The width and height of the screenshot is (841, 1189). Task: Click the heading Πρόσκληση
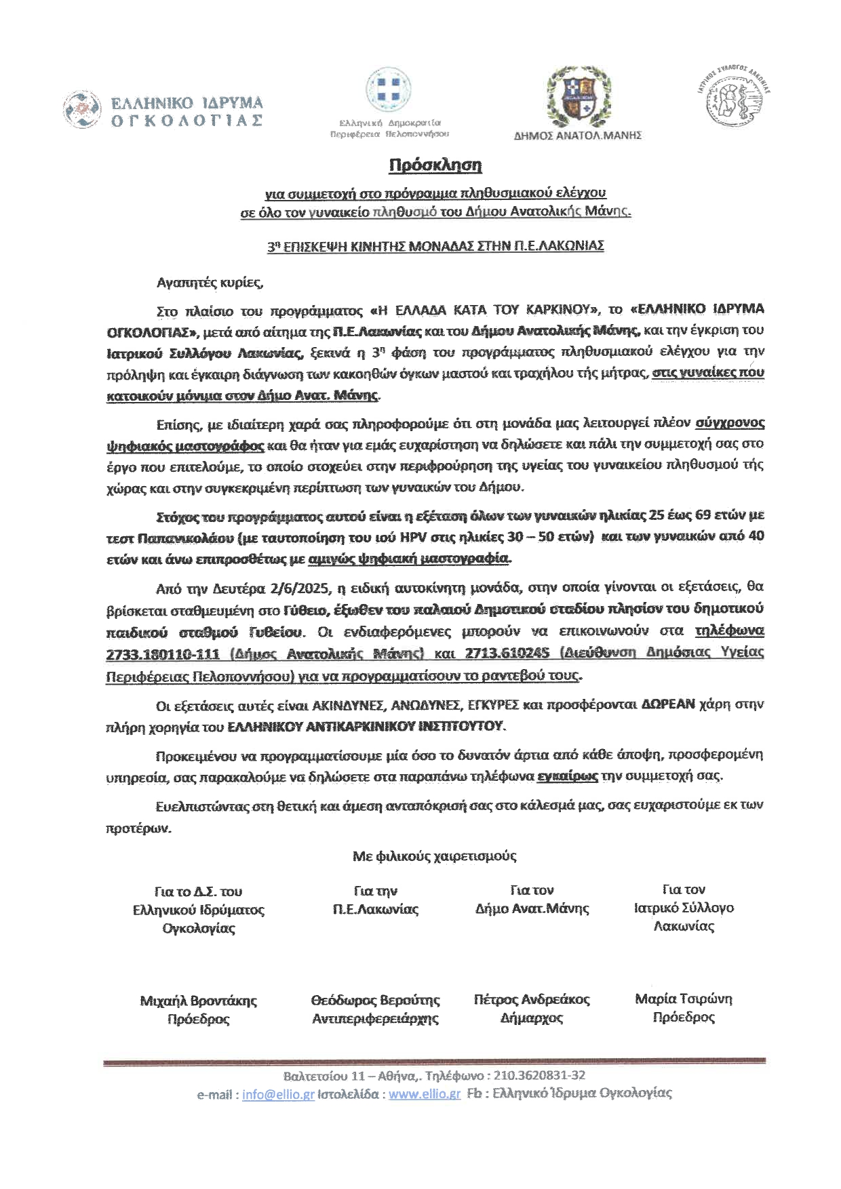click(x=435, y=165)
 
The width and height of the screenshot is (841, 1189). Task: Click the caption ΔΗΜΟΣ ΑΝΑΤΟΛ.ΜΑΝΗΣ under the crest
click(x=578, y=136)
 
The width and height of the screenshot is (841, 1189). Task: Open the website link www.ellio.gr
click(x=425, y=1094)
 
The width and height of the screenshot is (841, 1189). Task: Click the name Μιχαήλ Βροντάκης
click(x=199, y=1001)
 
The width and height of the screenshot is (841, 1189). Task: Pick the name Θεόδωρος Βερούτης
click(x=376, y=1000)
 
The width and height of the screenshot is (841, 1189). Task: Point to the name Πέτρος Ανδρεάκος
click(x=532, y=999)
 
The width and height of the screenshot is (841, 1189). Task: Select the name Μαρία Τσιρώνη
click(x=684, y=999)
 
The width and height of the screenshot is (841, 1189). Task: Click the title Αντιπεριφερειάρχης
click(x=376, y=1019)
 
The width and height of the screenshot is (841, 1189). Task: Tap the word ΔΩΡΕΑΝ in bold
click(x=669, y=704)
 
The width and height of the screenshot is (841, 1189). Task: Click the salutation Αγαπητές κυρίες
click(x=209, y=282)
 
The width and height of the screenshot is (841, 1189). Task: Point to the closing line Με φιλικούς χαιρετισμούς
click(x=435, y=856)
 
